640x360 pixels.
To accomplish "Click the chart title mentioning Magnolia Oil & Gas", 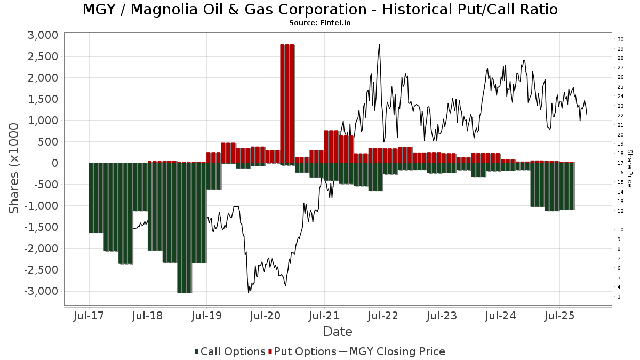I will coord(320,10).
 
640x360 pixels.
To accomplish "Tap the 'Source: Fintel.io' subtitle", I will coord(320,23).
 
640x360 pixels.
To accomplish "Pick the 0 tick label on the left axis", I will coord(53,163).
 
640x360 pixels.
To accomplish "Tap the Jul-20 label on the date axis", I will coord(266,316).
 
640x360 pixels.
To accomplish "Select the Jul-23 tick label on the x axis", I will coord(442,316).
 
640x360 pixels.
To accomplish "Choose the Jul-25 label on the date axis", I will coord(559,316).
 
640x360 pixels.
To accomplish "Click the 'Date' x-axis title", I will coord(338,332).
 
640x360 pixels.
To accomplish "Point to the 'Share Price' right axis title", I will coord(630,168).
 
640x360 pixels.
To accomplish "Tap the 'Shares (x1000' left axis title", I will coord(14,168).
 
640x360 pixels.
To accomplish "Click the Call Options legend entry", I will coord(230,351).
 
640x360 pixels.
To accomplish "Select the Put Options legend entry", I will coord(303,351).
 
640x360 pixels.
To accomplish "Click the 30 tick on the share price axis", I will coord(620,39).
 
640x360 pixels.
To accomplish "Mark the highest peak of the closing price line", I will coord(379,44).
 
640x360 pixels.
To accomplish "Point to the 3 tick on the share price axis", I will coord(619,297).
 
